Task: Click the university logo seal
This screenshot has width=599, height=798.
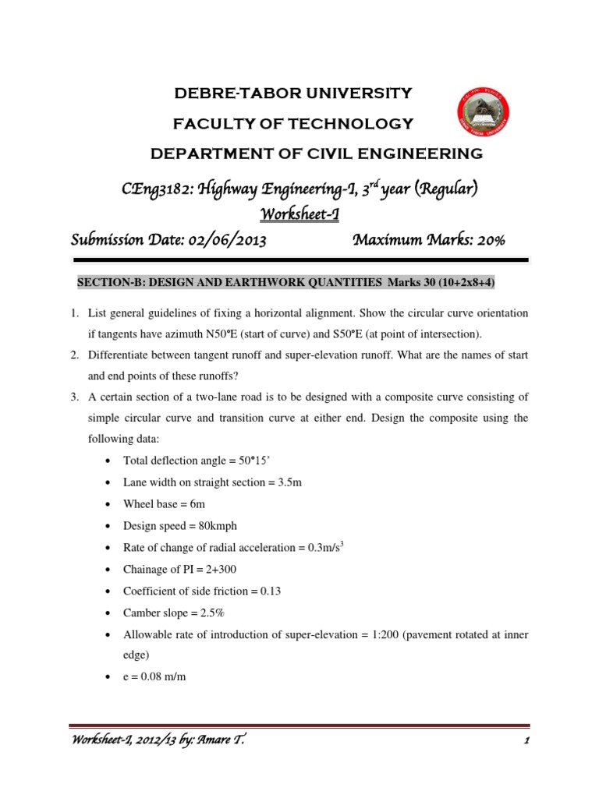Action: (x=483, y=119)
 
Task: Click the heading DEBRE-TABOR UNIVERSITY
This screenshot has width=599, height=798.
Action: (x=292, y=94)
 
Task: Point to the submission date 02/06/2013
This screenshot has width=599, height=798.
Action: (x=225, y=241)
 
